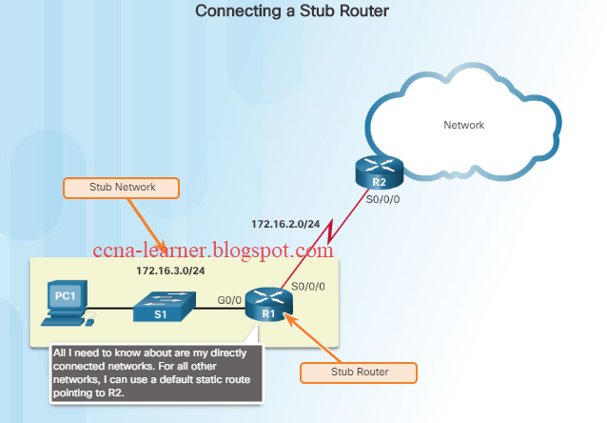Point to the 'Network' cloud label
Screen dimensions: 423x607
[464, 125]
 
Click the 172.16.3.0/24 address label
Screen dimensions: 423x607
[168, 272]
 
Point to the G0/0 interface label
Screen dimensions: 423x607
[228, 299]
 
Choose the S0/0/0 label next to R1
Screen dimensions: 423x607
[309, 285]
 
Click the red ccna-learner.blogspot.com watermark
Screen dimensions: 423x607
[213, 251]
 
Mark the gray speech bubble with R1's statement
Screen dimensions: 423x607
[155, 373]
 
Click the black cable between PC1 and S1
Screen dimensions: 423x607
[109, 308]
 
